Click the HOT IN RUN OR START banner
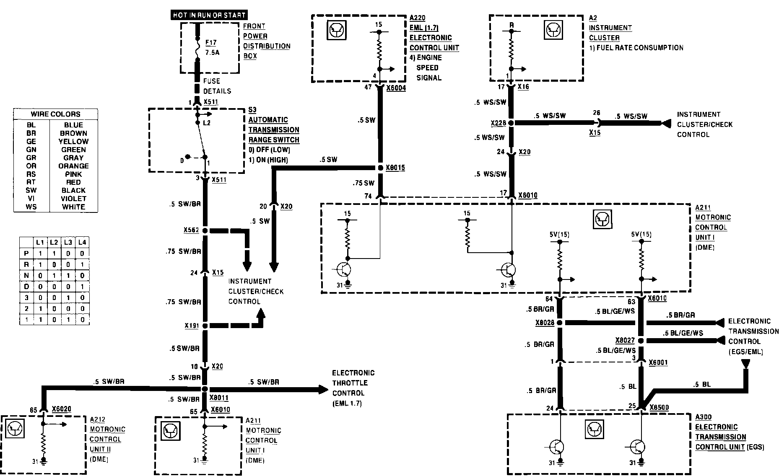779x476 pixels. click(209, 15)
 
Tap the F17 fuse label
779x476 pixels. click(211, 43)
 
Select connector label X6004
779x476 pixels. click(396, 88)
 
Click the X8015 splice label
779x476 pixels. click(395, 168)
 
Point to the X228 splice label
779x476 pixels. click(499, 124)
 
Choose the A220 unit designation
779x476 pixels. click(417, 18)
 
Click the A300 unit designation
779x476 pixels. click(703, 417)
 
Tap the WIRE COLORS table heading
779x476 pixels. click(55, 114)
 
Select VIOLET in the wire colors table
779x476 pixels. click(73, 199)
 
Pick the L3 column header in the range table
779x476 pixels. click(68, 242)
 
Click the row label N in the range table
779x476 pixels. click(26, 276)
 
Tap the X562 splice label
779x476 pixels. click(191, 230)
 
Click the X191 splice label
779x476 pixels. click(191, 326)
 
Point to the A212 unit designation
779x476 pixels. click(97, 419)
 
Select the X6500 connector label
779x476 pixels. click(659, 407)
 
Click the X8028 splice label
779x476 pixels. click(545, 323)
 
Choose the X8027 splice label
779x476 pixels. click(625, 341)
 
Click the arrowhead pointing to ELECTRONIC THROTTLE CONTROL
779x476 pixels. click(323, 389)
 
